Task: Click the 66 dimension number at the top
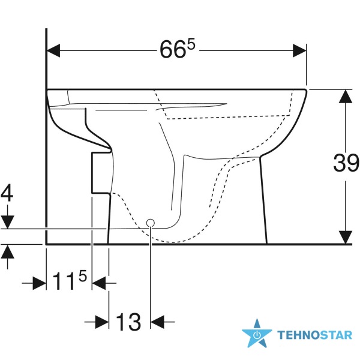[x=173, y=50]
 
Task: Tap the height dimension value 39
[x=346, y=163]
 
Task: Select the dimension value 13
[x=128, y=322]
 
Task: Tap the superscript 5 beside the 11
[x=83, y=276]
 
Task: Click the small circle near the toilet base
[x=151, y=223]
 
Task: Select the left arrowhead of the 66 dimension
[x=53, y=50]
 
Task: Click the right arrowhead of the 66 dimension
[x=299, y=50]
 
